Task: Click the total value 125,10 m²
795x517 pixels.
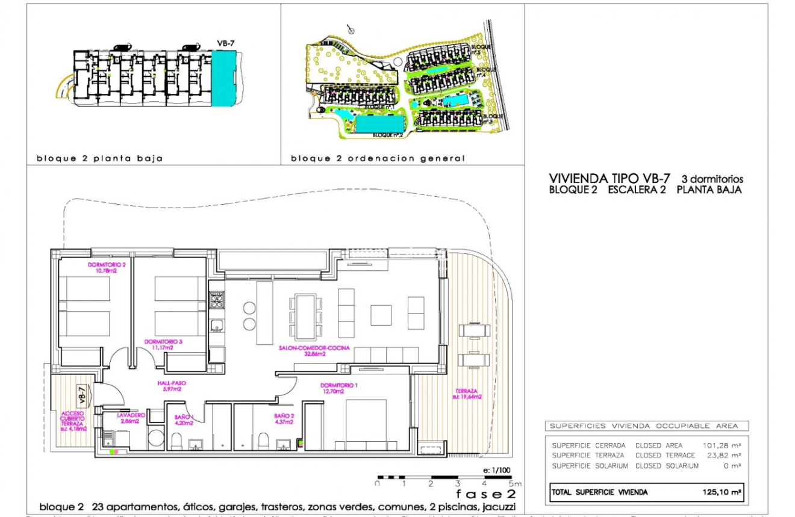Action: point(722,492)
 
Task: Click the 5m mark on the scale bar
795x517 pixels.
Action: point(513,483)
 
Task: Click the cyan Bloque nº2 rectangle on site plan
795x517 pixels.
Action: point(379,125)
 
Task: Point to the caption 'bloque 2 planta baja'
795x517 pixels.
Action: point(100,159)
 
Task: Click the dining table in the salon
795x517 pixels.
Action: point(304,316)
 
